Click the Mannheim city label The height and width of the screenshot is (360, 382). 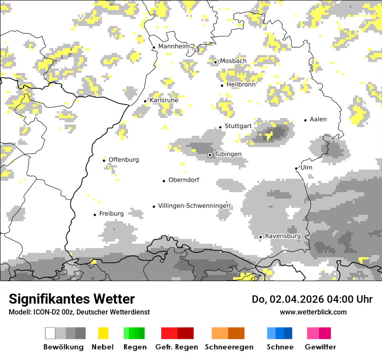point(174,46)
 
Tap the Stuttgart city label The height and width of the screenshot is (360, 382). point(238,126)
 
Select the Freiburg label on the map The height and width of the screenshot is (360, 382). point(111,214)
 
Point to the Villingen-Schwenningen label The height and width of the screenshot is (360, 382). point(194,206)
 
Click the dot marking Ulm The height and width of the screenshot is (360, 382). point(296,168)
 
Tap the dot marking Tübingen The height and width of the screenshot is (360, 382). point(210,155)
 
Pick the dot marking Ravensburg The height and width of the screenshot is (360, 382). point(260,237)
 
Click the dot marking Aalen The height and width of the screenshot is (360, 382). point(306,120)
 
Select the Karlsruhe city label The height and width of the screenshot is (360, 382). point(164,101)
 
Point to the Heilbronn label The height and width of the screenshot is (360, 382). point(241,85)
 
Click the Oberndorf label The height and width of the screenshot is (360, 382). point(184,180)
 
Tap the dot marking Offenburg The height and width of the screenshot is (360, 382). point(104,160)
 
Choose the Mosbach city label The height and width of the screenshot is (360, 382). point(233,61)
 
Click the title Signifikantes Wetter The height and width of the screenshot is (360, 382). point(72,299)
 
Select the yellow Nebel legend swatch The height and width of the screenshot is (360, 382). point(103,333)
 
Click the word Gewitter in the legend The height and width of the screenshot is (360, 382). point(320,347)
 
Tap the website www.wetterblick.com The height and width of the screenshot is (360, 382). point(313,312)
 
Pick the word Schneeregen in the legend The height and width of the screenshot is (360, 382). point(229,347)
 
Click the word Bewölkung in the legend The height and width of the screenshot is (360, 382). point(63,347)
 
